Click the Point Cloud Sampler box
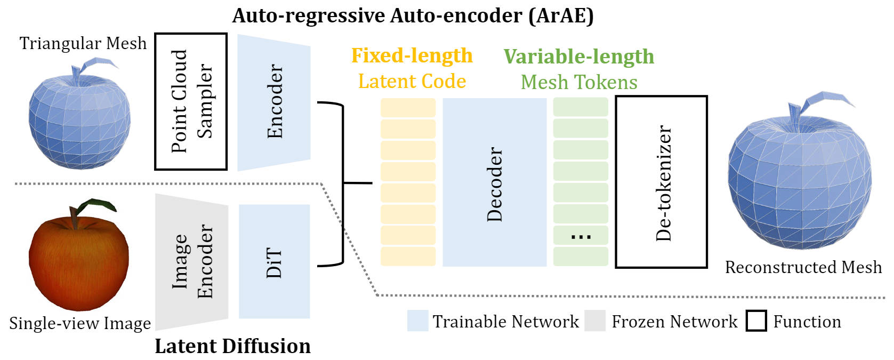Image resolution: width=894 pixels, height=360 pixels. click(191, 101)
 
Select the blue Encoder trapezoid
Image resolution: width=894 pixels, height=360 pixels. click(273, 102)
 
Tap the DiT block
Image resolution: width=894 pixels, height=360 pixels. click(274, 261)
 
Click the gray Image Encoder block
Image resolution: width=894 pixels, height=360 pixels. click(192, 261)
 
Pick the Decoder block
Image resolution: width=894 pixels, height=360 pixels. click(494, 182)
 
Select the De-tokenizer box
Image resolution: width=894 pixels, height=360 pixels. click(662, 182)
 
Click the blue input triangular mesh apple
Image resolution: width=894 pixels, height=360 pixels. click(79, 120)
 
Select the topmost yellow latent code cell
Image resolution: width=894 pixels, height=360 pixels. click(408, 108)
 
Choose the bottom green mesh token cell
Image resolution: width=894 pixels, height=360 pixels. click(581, 257)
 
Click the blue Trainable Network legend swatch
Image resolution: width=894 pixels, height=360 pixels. click(417, 321)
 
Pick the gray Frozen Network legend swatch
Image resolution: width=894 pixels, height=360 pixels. click(595, 321)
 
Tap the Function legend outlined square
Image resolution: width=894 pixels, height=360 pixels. click(756, 321)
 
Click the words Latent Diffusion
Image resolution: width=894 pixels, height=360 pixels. click(232, 346)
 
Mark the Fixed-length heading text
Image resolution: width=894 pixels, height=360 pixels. click(412, 55)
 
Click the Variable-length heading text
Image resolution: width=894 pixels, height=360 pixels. click(579, 57)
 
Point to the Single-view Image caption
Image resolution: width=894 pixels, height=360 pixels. click(80, 323)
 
